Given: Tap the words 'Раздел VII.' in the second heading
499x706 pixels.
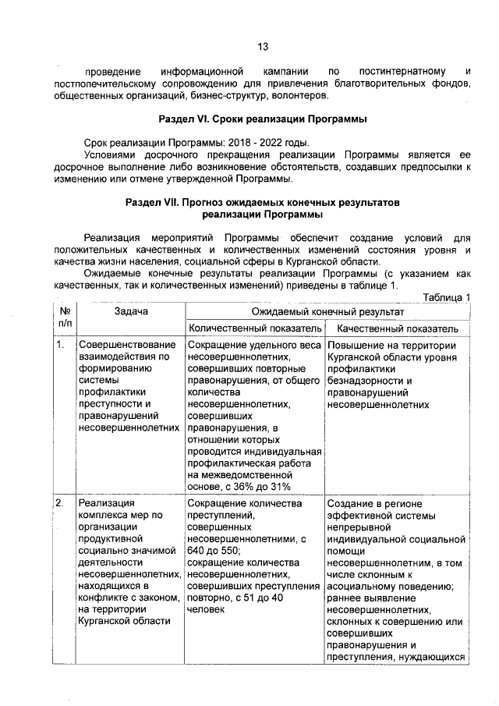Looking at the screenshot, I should [153, 201].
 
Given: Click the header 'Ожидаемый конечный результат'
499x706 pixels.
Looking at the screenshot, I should [327, 310].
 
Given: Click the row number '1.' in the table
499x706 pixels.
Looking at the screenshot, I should [61, 346].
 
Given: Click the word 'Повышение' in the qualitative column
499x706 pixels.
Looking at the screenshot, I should [355, 346].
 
